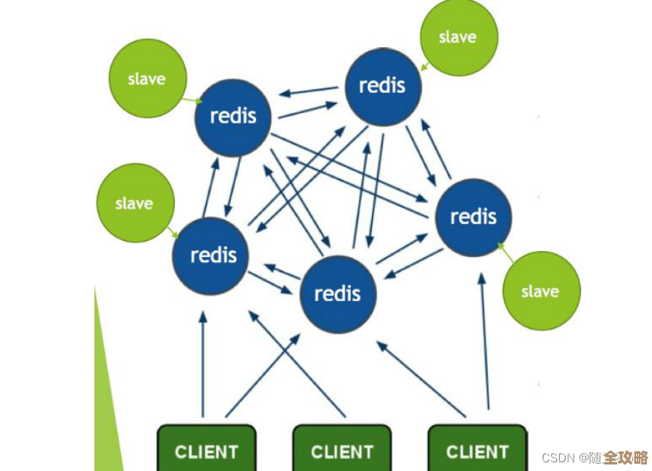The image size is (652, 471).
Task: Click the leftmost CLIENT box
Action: coord(207,450)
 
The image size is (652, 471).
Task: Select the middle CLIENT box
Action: coord(342,450)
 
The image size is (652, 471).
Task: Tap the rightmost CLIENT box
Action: coord(477,450)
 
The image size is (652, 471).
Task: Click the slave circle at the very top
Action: coord(458,37)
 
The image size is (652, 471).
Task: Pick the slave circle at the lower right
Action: coord(541,291)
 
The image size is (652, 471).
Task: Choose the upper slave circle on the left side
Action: coord(147,78)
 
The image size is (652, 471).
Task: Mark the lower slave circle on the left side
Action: coord(135,203)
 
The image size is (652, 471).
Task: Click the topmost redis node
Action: coord(382,86)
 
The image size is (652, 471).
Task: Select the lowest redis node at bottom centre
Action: coord(338,293)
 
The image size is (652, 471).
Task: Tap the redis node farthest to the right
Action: coord(473,216)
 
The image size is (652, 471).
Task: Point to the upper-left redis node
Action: coord(233,116)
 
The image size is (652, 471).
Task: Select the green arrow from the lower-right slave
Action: coord(505,253)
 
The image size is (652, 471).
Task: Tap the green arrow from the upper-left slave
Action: coord(192,99)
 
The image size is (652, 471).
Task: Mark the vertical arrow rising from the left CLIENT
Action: coord(203,363)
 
